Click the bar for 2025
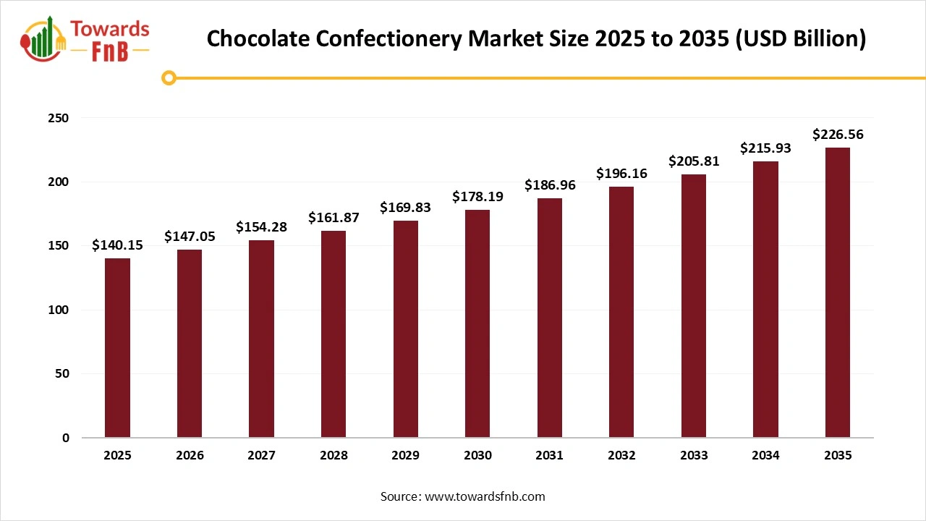(x=117, y=348)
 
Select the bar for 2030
(x=477, y=323)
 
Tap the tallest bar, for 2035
(x=838, y=293)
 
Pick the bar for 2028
(x=334, y=334)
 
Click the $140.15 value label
(x=117, y=245)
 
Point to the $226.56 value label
(x=838, y=135)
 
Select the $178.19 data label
(x=477, y=197)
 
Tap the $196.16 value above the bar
(x=621, y=174)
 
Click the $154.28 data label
(x=261, y=227)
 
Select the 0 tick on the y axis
(x=65, y=438)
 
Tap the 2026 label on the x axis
(x=190, y=455)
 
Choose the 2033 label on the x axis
(x=694, y=455)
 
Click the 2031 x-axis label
(x=550, y=455)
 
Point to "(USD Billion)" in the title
(x=801, y=38)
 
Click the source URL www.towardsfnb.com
(x=484, y=496)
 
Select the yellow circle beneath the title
(x=169, y=77)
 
